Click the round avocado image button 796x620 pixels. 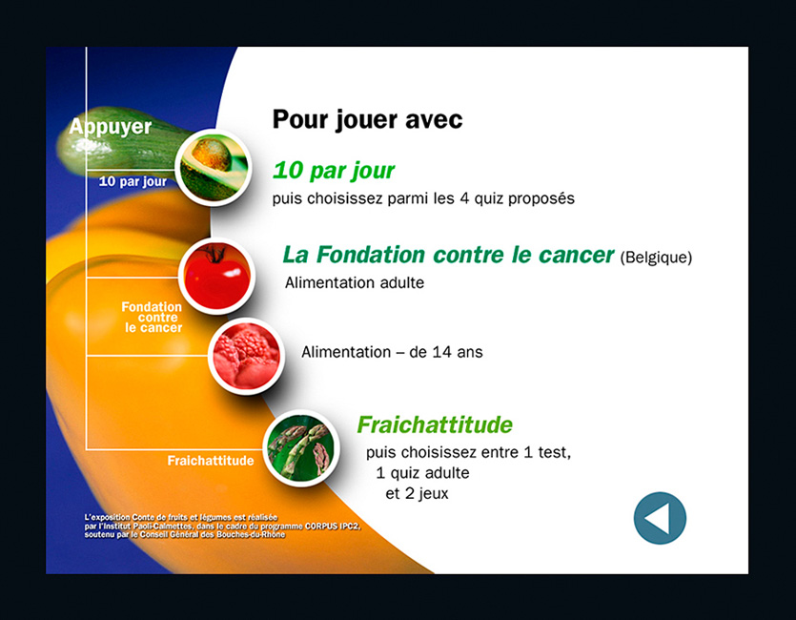214,168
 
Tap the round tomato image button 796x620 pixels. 216,277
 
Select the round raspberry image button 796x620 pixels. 246,357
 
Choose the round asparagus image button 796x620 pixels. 301,448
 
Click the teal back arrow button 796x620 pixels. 660,518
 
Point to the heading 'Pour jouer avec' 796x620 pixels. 368,120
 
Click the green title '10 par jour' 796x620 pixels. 334,170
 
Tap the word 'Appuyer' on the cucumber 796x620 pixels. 111,127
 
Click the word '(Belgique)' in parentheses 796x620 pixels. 656,258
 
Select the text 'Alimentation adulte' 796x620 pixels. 355,283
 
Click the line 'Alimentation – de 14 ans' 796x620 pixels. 392,352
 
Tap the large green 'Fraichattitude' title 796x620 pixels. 435,424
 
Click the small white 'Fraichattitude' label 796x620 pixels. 211,461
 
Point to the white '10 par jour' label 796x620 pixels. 133,181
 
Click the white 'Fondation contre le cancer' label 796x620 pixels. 152,318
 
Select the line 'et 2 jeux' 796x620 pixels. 417,493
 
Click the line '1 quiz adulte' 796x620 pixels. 422,473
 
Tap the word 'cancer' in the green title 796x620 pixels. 576,255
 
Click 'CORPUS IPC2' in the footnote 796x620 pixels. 333,527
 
